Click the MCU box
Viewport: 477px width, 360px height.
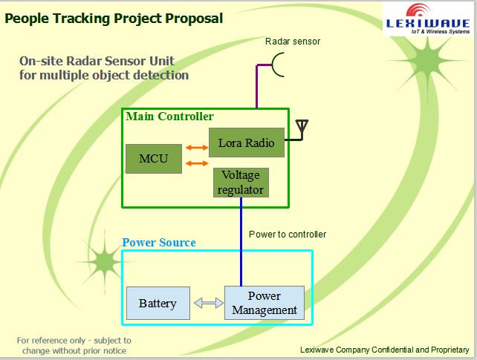(x=153, y=159)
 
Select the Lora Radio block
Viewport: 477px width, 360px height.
(x=246, y=143)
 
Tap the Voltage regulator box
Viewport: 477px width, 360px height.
(x=241, y=183)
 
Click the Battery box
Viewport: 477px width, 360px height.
(x=158, y=303)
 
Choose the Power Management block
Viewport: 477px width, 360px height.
(x=264, y=303)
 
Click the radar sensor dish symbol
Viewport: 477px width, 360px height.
(x=278, y=65)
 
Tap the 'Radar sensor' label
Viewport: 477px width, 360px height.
(x=293, y=42)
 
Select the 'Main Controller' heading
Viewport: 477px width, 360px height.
(x=169, y=117)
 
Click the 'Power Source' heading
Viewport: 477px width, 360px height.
(x=159, y=243)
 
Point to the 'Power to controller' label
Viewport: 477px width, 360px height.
(x=287, y=234)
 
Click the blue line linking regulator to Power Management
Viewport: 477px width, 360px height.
(x=241, y=245)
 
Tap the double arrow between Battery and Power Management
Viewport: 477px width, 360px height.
(x=207, y=303)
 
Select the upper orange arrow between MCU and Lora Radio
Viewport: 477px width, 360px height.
(x=196, y=147)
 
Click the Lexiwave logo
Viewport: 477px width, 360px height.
(x=428, y=19)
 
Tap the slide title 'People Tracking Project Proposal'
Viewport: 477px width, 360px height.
(x=114, y=18)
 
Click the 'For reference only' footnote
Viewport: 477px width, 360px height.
(x=74, y=345)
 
